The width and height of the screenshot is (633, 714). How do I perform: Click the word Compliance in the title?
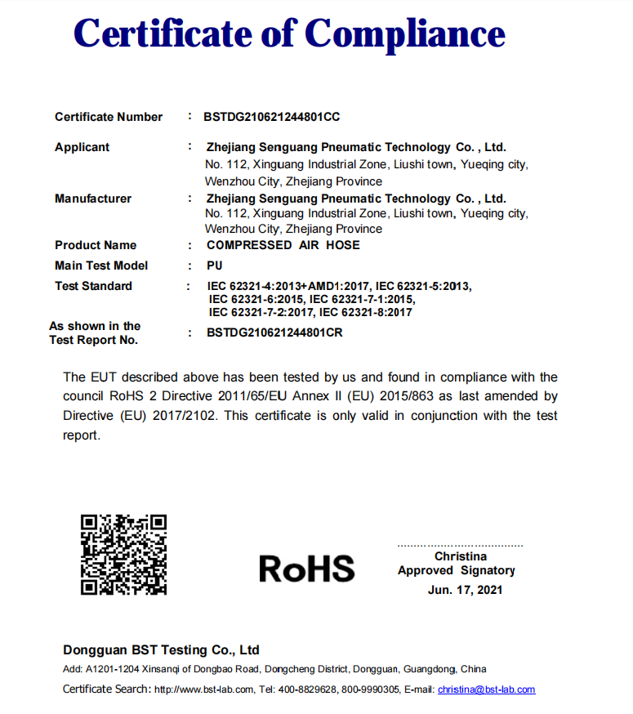click(x=405, y=34)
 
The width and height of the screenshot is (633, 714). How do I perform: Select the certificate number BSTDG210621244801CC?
click(x=271, y=117)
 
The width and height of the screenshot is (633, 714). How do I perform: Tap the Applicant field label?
click(x=82, y=148)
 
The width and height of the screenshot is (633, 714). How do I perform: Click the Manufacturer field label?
click(x=92, y=199)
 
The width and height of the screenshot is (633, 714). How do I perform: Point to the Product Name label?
click(x=95, y=245)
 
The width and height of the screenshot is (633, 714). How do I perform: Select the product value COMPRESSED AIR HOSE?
click(x=283, y=245)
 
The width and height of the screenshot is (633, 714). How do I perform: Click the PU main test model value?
click(x=215, y=266)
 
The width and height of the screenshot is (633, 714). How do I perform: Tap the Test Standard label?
click(x=92, y=286)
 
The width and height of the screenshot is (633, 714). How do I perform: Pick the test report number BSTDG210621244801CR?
click(x=274, y=332)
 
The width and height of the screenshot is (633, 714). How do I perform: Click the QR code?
click(x=123, y=554)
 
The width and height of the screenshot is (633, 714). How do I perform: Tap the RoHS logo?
click(x=307, y=568)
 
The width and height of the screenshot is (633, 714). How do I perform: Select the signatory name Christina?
click(x=461, y=556)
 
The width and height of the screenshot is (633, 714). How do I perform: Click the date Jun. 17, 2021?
click(x=465, y=589)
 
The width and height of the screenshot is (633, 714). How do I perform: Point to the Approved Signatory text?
click(x=457, y=570)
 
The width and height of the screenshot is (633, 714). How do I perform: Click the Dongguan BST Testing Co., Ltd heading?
click(x=161, y=650)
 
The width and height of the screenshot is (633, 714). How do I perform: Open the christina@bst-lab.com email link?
click(x=486, y=689)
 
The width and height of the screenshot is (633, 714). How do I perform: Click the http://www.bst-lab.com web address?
click(x=204, y=689)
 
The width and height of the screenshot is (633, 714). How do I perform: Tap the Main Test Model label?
click(x=101, y=266)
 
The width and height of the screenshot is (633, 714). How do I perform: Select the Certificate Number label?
click(x=109, y=117)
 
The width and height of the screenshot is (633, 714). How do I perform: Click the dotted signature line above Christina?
click(x=460, y=545)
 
